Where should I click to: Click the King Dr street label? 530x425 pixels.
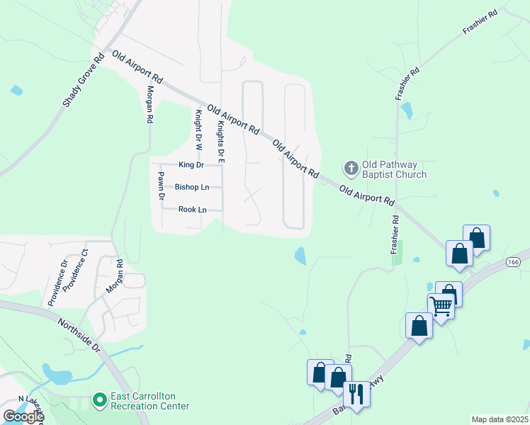[191, 165]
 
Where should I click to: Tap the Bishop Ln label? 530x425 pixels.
[192, 187]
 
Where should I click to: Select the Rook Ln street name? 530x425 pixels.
[192, 210]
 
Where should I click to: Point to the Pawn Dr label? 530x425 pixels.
[162, 186]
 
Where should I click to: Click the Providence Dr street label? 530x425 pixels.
[57, 283]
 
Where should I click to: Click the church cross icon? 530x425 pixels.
[351, 169]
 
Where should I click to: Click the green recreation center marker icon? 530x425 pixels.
[99, 401]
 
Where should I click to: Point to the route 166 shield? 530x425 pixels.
[512, 263]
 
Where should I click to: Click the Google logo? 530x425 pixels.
[23, 416]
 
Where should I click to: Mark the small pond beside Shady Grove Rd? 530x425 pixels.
[16, 90]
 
